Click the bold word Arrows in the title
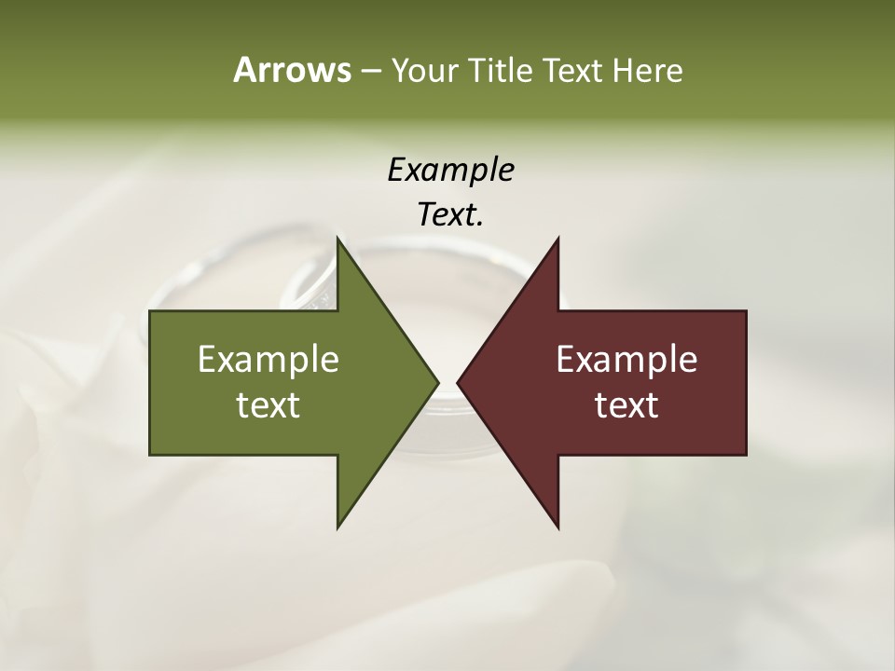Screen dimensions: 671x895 tap(291, 70)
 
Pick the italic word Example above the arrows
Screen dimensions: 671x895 tap(451, 171)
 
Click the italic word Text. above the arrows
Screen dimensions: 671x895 tap(451, 215)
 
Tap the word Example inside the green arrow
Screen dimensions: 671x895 tap(268, 360)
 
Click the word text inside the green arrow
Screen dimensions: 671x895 tap(268, 405)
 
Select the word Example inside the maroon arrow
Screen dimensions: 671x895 tap(626, 360)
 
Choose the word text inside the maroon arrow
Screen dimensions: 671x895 tap(626, 405)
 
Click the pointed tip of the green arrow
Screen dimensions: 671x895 tap(437, 382)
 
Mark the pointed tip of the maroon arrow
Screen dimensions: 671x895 tap(459, 382)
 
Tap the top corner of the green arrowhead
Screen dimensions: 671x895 tap(337, 239)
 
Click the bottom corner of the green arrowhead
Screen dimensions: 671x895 tap(337, 527)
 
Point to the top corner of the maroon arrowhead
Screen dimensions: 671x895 tap(558, 239)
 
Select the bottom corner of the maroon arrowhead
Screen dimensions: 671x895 tap(558, 527)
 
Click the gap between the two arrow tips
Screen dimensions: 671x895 tap(448, 382)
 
